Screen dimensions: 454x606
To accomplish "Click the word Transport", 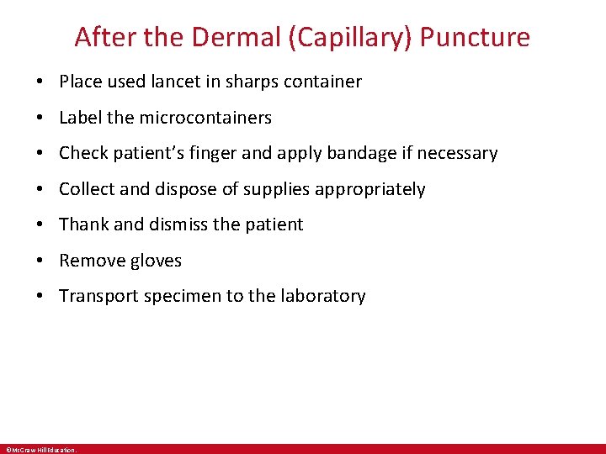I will [x=97, y=296].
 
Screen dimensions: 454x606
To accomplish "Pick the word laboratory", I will [x=325, y=296].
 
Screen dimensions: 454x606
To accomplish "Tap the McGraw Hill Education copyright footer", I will [x=40, y=450].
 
